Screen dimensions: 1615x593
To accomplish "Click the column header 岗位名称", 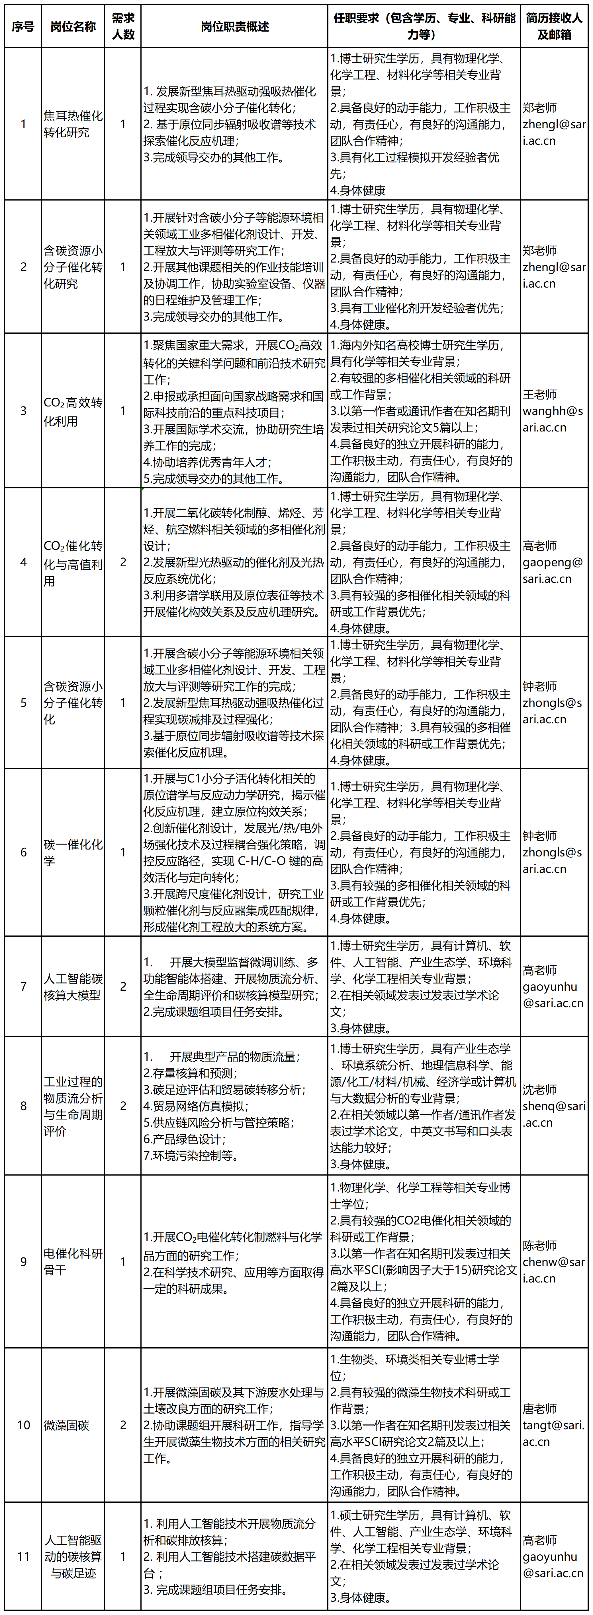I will point(73,26).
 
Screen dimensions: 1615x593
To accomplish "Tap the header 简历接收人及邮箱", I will point(554,26).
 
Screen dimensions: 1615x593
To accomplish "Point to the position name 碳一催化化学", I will point(73,852).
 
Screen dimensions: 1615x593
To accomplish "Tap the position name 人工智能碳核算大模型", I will point(73,986).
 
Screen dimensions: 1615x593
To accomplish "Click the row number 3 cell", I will point(23,411).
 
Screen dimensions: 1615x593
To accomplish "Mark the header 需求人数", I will point(123,26).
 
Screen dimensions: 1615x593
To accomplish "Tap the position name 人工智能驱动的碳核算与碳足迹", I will point(73,1556).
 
